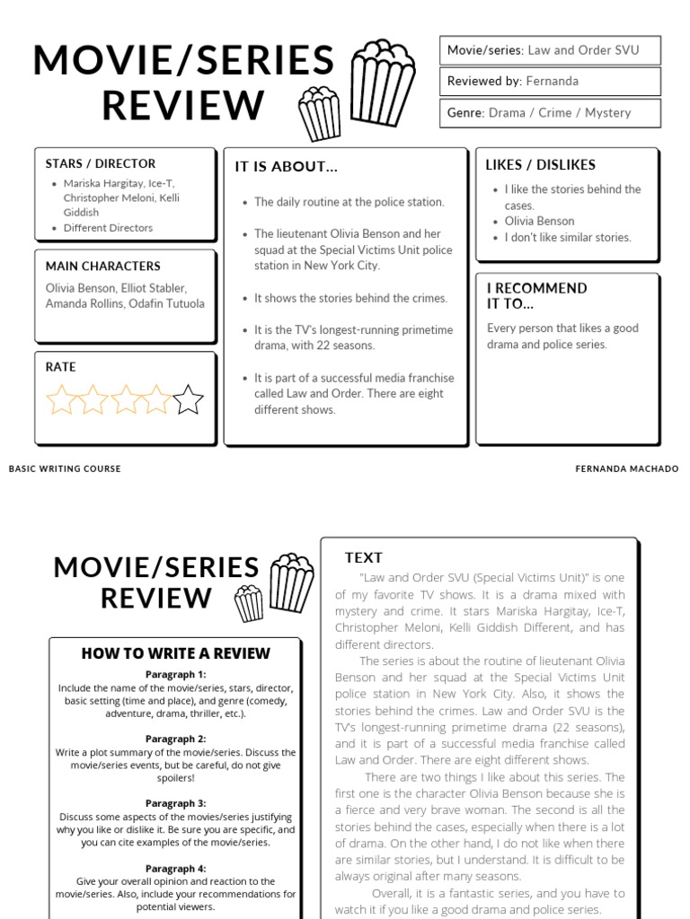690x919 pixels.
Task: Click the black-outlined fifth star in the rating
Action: click(x=188, y=399)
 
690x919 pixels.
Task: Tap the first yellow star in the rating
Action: click(x=61, y=399)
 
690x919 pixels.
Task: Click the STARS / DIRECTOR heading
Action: click(x=101, y=163)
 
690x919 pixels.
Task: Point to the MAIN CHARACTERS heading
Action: click(x=103, y=266)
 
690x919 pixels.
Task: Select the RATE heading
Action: click(x=61, y=367)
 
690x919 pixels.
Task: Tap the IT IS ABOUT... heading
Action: click(x=287, y=167)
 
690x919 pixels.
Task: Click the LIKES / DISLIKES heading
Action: click(x=540, y=164)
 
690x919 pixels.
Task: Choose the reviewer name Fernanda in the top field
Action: click(x=552, y=82)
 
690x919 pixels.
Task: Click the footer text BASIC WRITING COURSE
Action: click(x=65, y=468)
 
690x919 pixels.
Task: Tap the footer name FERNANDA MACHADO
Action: click(x=627, y=468)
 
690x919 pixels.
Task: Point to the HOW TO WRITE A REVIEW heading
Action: click(x=176, y=653)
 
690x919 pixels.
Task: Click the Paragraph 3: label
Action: click(x=176, y=803)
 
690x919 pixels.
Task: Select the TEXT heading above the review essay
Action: click(x=364, y=557)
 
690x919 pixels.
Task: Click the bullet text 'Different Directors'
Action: click(x=108, y=228)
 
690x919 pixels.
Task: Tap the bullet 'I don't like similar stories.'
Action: click(x=568, y=238)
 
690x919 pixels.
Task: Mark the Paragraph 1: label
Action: click(x=176, y=674)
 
